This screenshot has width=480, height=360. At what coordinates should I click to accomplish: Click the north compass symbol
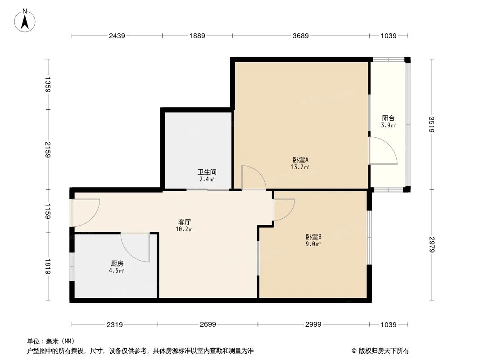point(26,20)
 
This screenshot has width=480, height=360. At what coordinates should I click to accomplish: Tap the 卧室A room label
point(300,160)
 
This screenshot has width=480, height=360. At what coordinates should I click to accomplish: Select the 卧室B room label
point(313,237)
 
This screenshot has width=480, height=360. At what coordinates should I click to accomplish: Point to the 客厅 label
point(185,222)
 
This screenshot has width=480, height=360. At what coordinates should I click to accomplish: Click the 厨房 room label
point(117,264)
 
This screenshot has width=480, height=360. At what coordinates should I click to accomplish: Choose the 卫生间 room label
point(207,172)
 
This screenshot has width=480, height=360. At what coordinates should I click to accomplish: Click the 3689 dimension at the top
point(300,36)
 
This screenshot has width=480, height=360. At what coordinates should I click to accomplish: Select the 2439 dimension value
point(116,36)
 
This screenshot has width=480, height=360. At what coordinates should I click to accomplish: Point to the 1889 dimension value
point(196,36)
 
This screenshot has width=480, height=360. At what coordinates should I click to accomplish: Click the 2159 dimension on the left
point(48,149)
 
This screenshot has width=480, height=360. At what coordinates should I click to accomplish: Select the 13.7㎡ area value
point(300,167)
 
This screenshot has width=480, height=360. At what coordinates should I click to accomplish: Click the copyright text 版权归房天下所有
point(383,351)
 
